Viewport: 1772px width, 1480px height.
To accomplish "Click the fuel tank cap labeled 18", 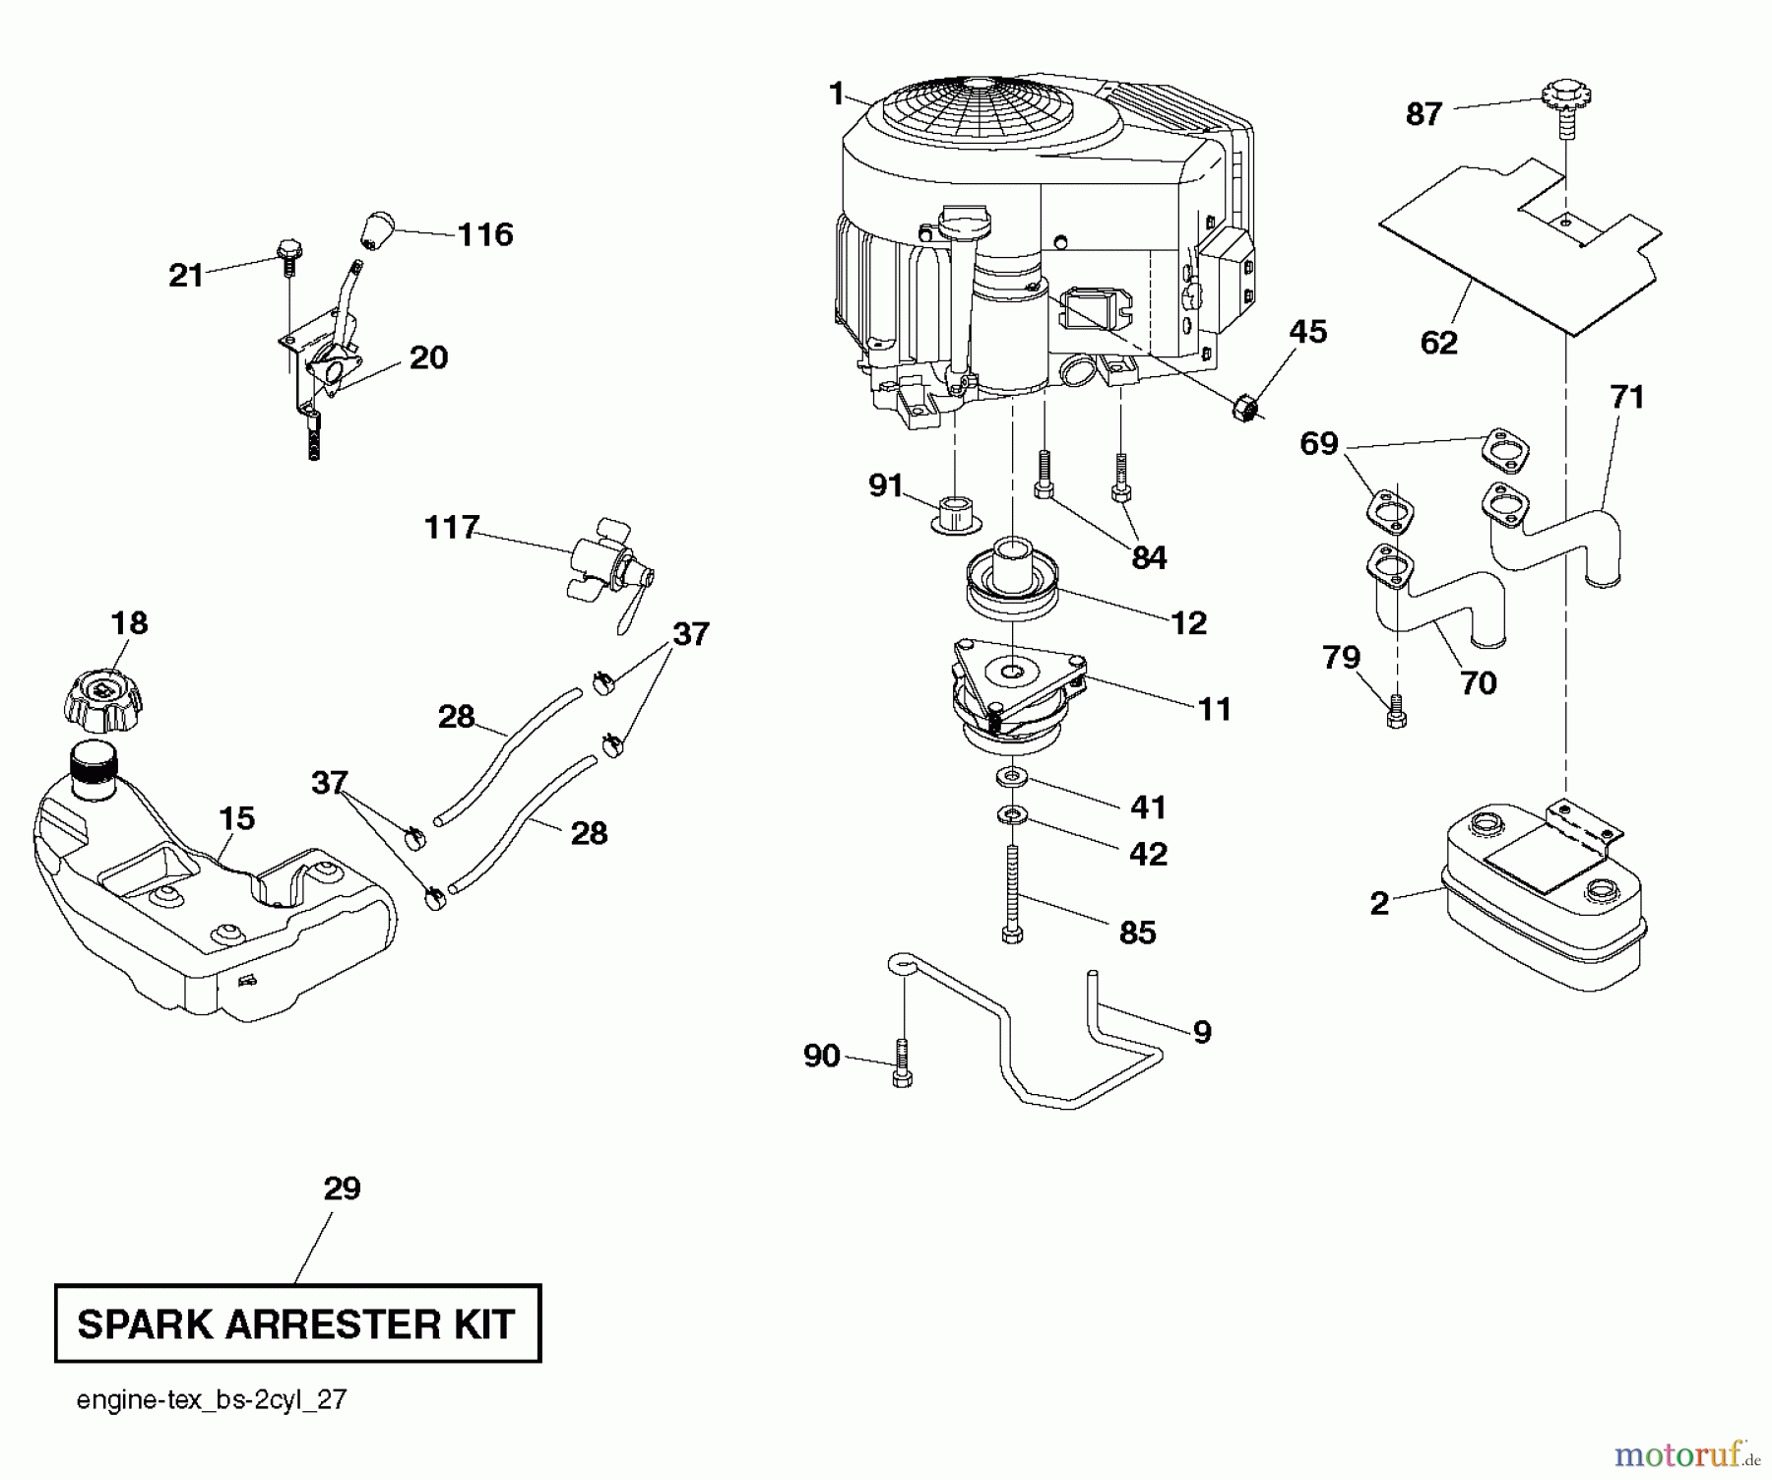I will click(103, 700).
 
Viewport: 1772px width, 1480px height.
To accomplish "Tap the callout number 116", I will click(485, 234).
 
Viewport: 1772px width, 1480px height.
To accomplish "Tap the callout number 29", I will click(343, 1189).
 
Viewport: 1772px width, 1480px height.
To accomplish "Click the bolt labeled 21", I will click(288, 249).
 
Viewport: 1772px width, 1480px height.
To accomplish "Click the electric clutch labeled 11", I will click(1014, 699).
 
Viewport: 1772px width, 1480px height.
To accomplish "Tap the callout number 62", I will click(1439, 343).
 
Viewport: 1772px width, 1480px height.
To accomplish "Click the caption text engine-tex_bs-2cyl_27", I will click(212, 1400).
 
